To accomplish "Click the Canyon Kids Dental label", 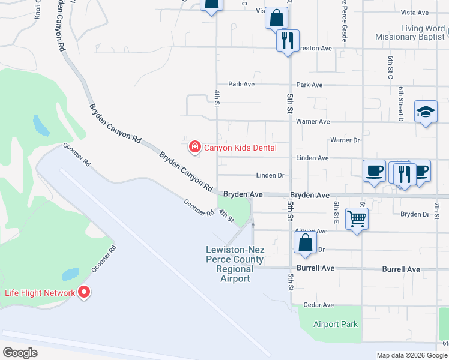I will pyautogui.click(x=240, y=148).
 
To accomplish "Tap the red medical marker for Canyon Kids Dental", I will pyautogui.click(x=194, y=146).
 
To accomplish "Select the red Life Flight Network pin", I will pyautogui.click(x=84, y=292).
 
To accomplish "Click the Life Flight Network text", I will pyautogui.click(x=40, y=293).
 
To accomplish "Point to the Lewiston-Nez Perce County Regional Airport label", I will pyautogui.click(x=235, y=264).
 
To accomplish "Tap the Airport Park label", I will pyautogui.click(x=336, y=324).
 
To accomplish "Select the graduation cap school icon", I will pyautogui.click(x=426, y=112).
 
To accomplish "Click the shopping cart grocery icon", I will pyautogui.click(x=357, y=219).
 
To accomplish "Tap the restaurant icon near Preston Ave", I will pyautogui.click(x=287, y=40).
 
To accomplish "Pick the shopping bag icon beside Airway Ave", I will pyautogui.click(x=305, y=242).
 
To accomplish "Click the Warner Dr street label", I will pyautogui.click(x=345, y=140).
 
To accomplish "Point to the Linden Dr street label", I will pyautogui.click(x=270, y=176).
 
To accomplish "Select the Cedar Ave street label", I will pyautogui.click(x=319, y=305).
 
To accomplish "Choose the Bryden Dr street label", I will pyautogui.click(x=415, y=214).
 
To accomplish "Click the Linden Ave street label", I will pyautogui.click(x=313, y=158).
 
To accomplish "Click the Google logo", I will pyautogui.click(x=20, y=352).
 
